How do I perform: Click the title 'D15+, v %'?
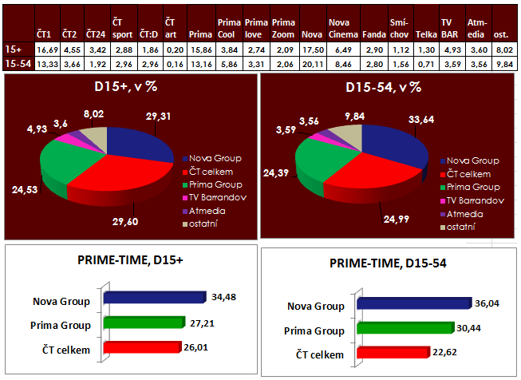128,89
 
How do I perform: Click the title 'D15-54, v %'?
388,89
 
